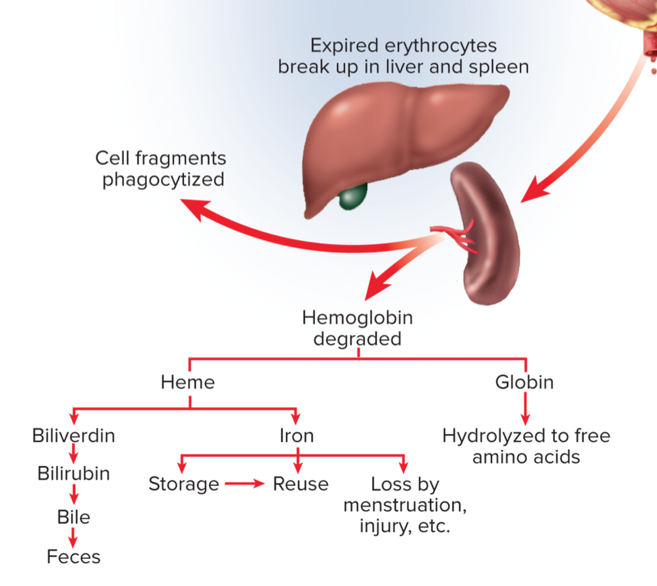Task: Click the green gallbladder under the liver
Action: (353, 196)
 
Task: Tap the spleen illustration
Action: (488, 237)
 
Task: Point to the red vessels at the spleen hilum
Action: (457, 236)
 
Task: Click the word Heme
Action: (188, 383)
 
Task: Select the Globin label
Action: (524, 383)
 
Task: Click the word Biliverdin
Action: (74, 436)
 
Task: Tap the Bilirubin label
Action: (74, 474)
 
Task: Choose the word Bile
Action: (74, 517)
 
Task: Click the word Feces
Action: (74, 556)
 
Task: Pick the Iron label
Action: (296, 436)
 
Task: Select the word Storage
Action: (183, 484)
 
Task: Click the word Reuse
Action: (300, 484)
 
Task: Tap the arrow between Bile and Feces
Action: (74, 537)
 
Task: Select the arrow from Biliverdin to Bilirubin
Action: (74, 455)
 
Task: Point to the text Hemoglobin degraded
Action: (357, 328)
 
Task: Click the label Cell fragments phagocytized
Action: (161, 168)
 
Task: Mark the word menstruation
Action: (404, 505)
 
